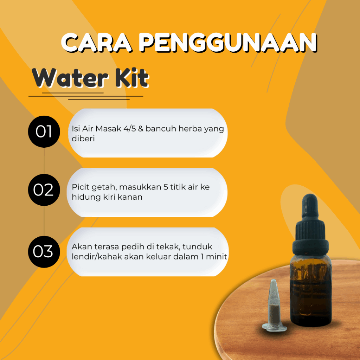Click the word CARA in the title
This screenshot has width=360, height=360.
97,42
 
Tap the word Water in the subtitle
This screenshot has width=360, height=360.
70,78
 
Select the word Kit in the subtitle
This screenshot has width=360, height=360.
132,78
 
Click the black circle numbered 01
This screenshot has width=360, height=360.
44,131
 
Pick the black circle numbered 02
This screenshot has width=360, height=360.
44,190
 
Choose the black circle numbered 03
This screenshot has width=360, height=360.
44,252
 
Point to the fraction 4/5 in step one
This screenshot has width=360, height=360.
130,129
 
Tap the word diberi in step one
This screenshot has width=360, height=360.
83,139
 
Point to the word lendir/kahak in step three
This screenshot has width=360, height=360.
97,257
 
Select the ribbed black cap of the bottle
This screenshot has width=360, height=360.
310,239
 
